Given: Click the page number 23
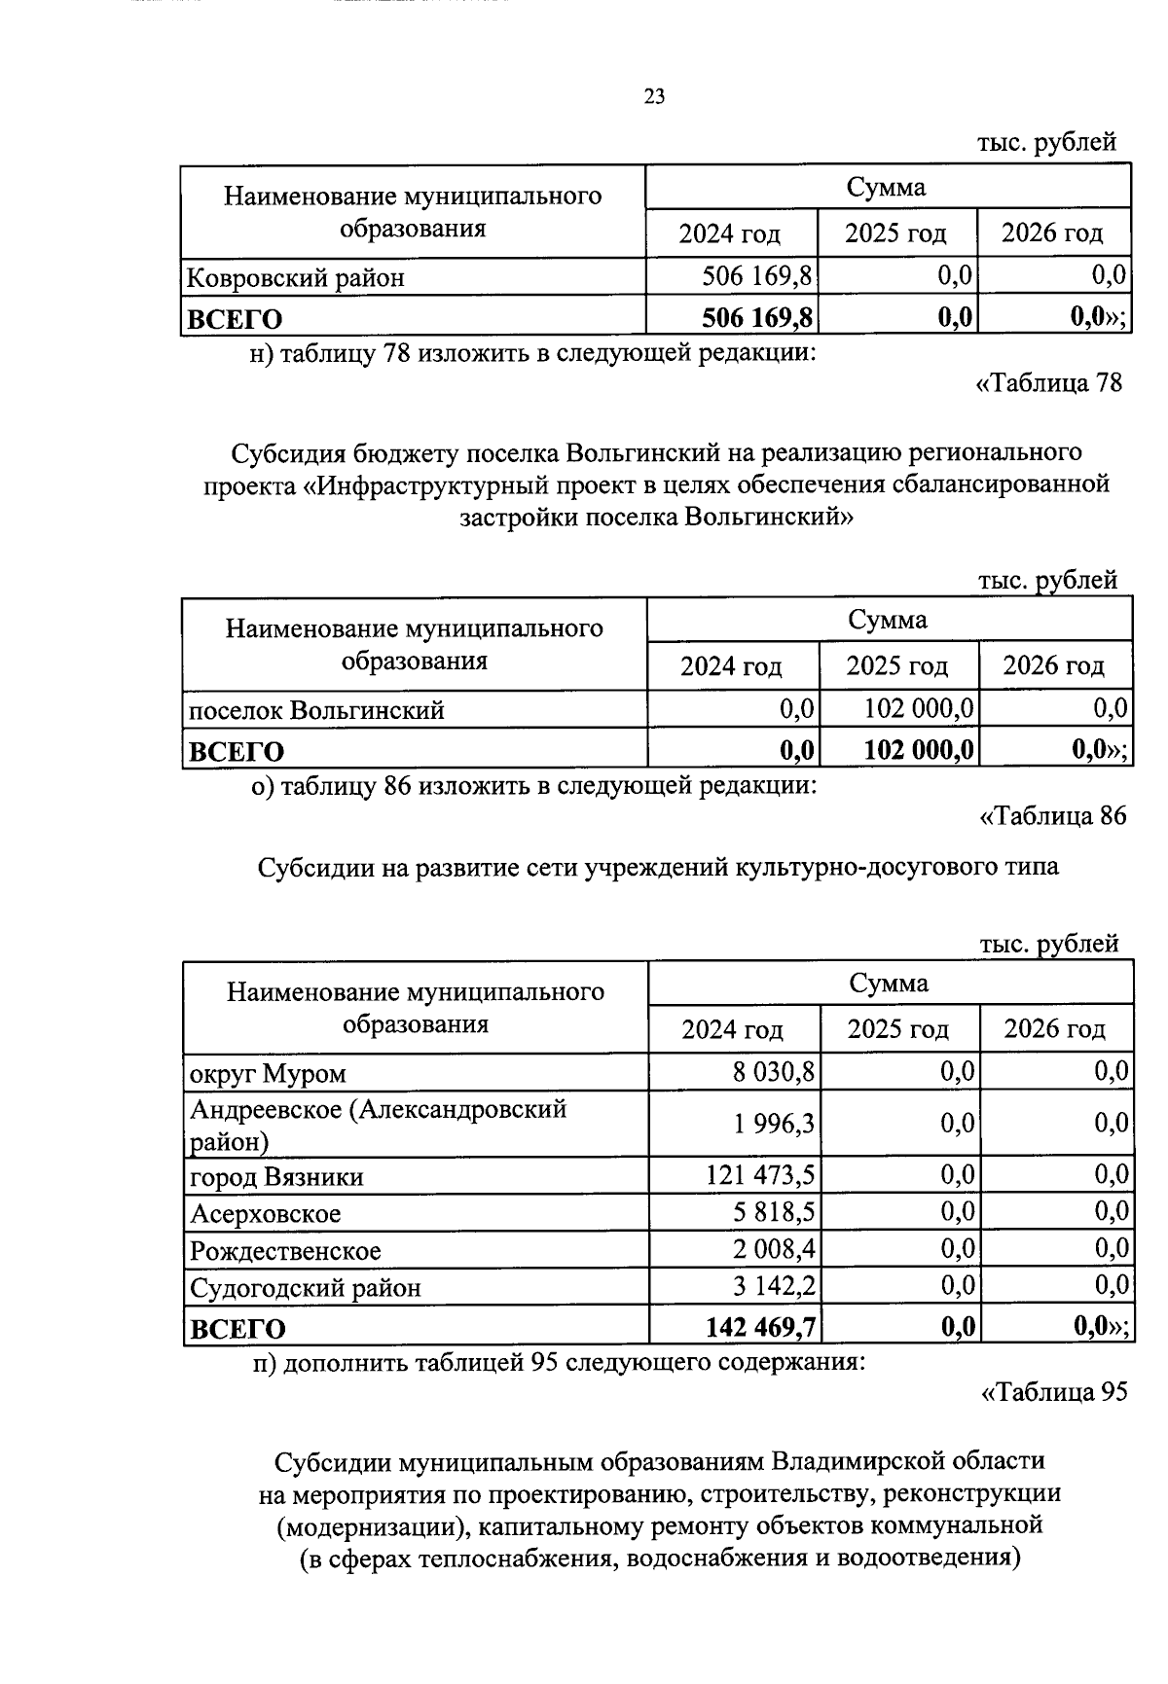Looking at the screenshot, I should (653, 96).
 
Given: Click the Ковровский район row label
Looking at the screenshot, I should (295, 279).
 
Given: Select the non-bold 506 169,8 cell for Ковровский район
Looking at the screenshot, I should (757, 277).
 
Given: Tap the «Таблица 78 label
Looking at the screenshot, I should (1049, 383).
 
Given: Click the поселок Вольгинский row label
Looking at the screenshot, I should (316, 711).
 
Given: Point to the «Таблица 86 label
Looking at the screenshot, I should (1052, 816).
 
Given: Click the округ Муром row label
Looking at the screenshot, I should (268, 1075).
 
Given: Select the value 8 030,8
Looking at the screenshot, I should (775, 1073).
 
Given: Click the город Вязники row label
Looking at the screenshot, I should (276, 1178).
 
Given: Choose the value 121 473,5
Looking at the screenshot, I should (760, 1176).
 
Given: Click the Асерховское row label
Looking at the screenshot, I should (266, 1215).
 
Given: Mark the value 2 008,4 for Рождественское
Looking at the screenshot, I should (775, 1250).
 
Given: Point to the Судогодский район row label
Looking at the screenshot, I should (306, 1289).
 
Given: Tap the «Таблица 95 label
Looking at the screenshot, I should (1053, 1393).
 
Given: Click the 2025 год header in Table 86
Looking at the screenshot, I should (897, 1030).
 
